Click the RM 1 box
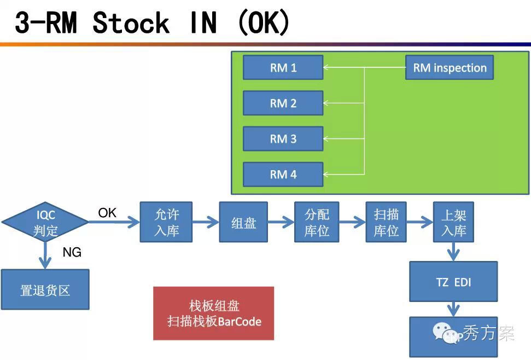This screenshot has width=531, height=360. click(x=283, y=68)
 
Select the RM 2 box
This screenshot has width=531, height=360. click(x=283, y=103)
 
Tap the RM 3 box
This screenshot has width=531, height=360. click(x=283, y=139)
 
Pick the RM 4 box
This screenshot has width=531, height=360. click(x=283, y=175)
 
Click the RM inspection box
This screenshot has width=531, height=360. click(x=449, y=68)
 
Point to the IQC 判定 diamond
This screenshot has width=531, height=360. click(x=45, y=222)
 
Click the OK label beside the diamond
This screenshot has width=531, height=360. click(x=107, y=213)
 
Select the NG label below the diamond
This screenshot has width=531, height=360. click(x=72, y=252)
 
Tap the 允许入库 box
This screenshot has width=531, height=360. click(x=166, y=222)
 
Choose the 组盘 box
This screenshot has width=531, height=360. click(x=243, y=222)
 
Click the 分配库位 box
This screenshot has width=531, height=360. click(x=317, y=222)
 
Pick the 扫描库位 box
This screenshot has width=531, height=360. click(x=386, y=222)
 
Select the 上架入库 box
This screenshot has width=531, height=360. click(x=453, y=222)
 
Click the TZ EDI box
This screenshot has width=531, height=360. click(x=453, y=282)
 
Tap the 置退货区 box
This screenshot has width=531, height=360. click(x=45, y=289)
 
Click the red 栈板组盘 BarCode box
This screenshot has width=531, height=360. click(x=213, y=313)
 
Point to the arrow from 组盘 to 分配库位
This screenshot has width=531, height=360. click(x=281, y=222)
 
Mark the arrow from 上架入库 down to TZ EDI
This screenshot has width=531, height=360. click(x=453, y=252)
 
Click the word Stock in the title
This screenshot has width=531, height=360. click(x=131, y=23)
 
